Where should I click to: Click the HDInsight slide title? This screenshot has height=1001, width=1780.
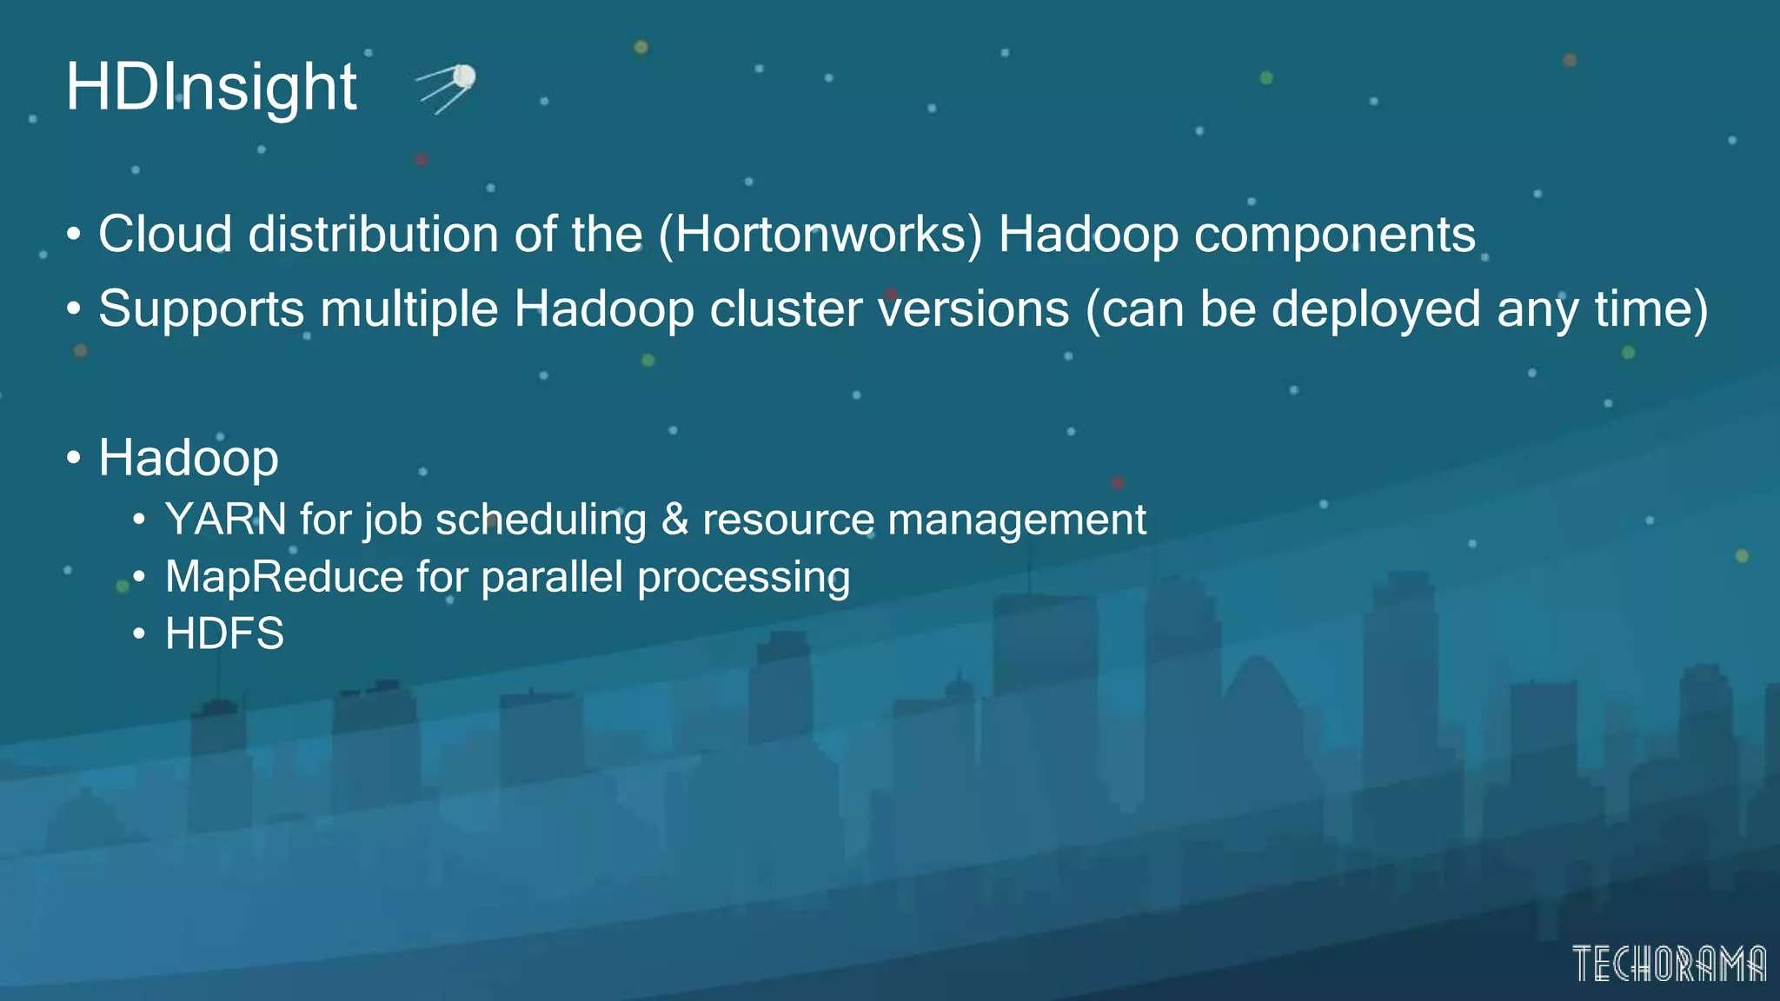[x=211, y=87]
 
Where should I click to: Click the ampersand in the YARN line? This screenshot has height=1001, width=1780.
[x=674, y=520]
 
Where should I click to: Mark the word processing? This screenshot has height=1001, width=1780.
[x=744, y=577]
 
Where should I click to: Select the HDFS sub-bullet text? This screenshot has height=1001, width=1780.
[x=224, y=633]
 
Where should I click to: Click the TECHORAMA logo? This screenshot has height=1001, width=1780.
[x=1669, y=964]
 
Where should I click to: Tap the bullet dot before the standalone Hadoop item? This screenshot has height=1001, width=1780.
[x=74, y=457]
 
